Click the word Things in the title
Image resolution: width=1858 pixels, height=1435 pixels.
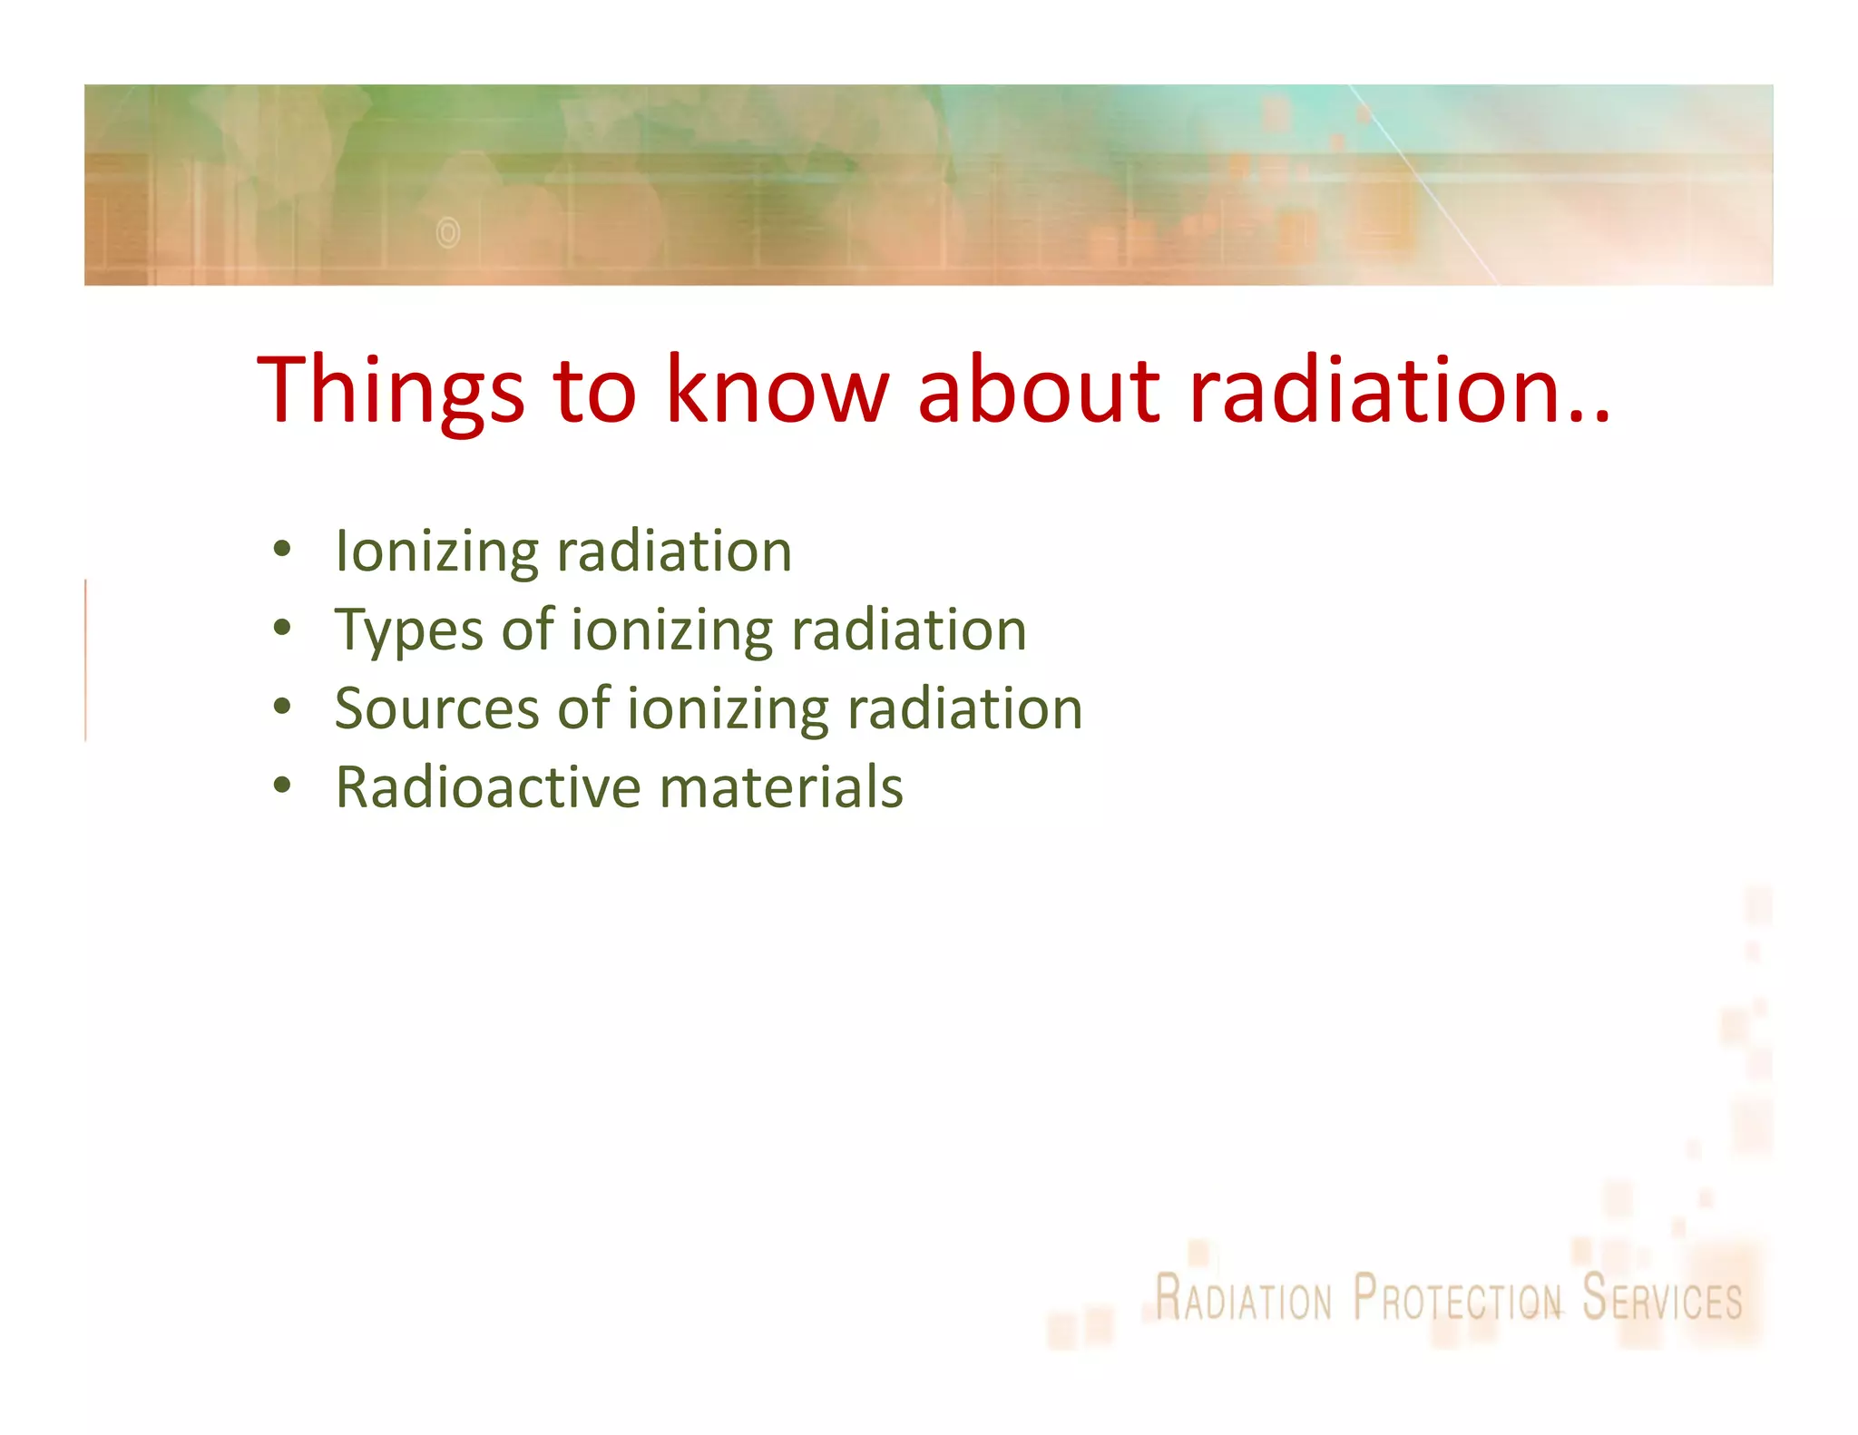point(390,390)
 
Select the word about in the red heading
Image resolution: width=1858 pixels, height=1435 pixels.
point(1039,390)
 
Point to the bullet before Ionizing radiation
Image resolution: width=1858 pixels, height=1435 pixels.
point(282,550)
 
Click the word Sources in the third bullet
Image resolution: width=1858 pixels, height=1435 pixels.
point(436,708)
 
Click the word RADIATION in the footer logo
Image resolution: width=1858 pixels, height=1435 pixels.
point(1243,1299)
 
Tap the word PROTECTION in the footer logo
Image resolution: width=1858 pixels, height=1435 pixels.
point(1457,1299)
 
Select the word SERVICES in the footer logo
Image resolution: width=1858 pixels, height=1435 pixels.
point(1662,1299)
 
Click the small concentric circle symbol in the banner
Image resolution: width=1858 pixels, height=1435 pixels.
point(448,233)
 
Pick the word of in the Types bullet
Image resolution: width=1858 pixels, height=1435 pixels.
point(527,630)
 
